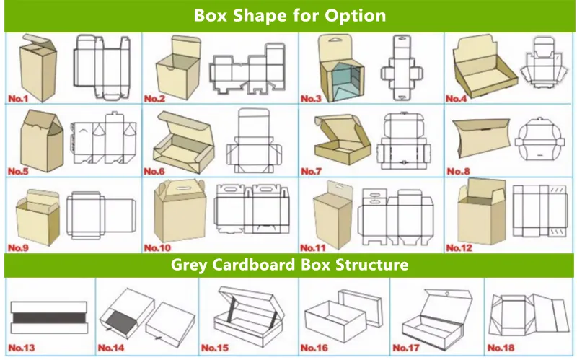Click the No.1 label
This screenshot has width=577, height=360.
point(20,97)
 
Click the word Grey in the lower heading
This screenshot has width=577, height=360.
point(190,265)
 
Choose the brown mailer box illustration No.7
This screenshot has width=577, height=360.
point(337,139)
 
